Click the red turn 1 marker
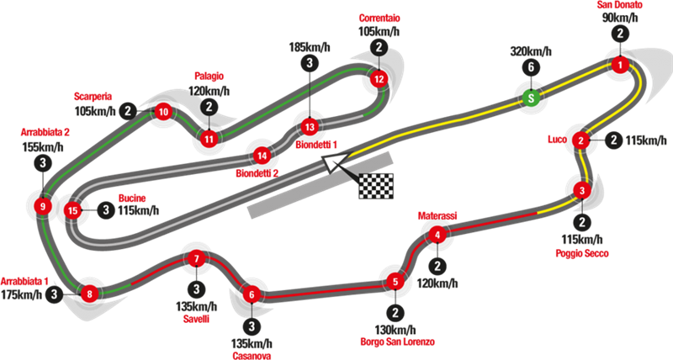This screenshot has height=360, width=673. pyautogui.click(x=620, y=66)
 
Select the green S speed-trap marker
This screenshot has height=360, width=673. pyautogui.click(x=529, y=99)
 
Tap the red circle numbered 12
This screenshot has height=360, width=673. pyautogui.click(x=379, y=79)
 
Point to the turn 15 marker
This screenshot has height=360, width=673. pyautogui.click(x=73, y=210)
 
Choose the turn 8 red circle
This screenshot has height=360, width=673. pyautogui.click(x=89, y=294)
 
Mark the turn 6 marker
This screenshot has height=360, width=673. pyautogui.click(x=251, y=294)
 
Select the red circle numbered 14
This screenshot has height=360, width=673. pyautogui.click(x=263, y=156)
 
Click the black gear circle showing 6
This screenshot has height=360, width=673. pyautogui.click(x=529, y=68)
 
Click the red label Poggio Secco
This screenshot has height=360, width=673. pyautogui.click(x=580, y=251)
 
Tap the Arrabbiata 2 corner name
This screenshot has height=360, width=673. pyautogui.click(x=45, y=131)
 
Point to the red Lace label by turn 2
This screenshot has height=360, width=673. pyautogui.click(x=556, y=137)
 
